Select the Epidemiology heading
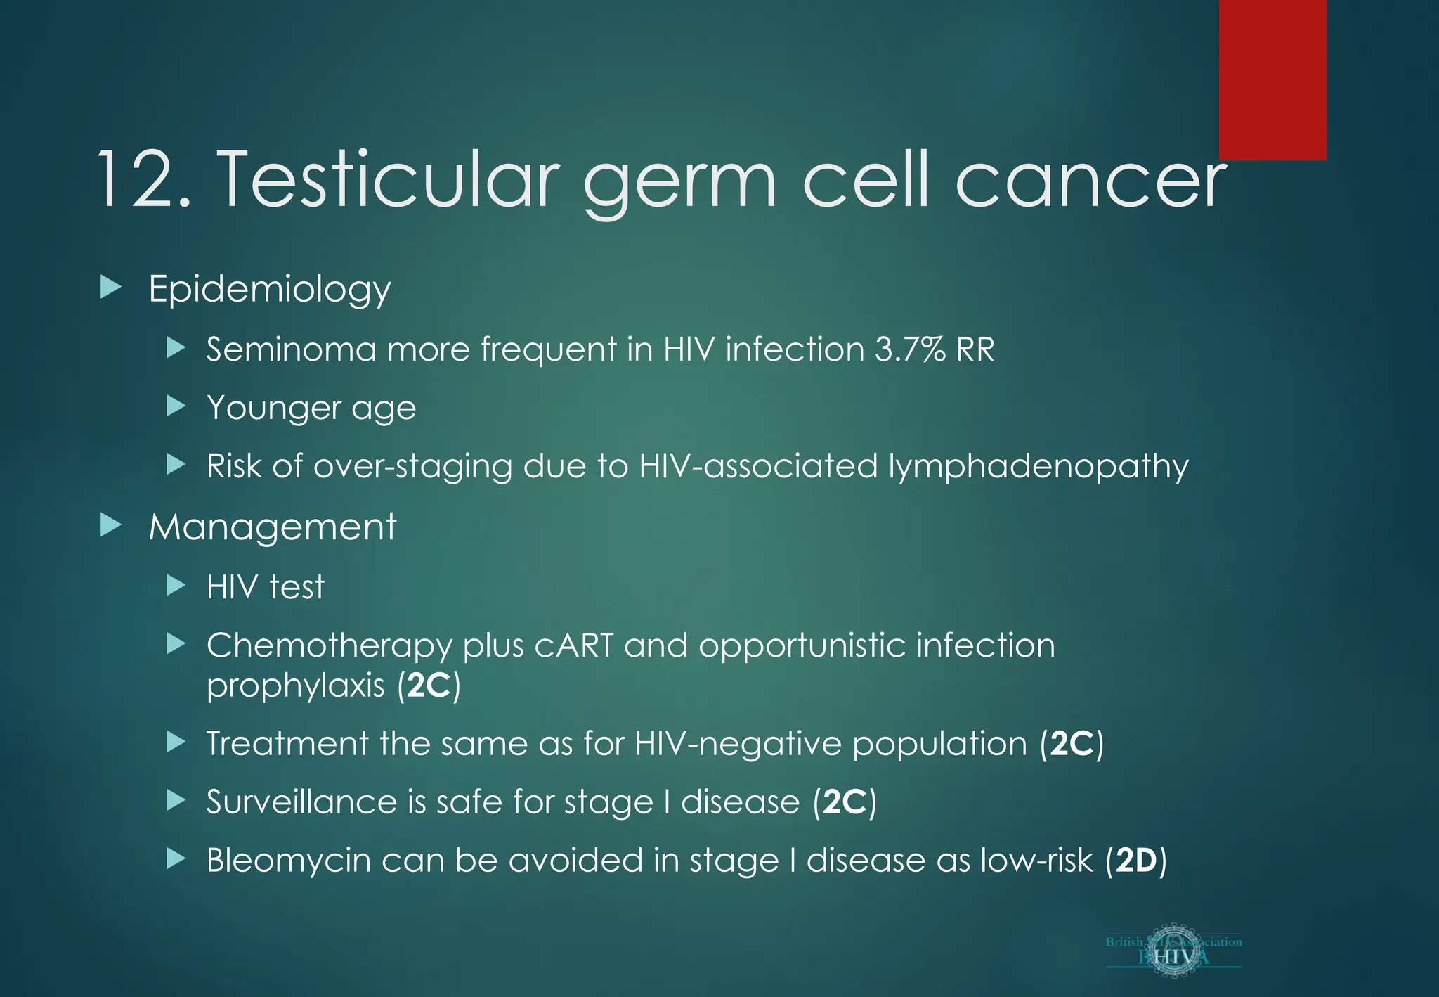[270, 289]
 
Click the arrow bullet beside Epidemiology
[111, 288]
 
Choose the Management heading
[273, 527]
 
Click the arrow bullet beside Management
[111, 525]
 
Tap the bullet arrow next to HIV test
[176, 586]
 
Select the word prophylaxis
[296, 686]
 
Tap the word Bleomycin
[289, 861]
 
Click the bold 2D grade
[1136, 861]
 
